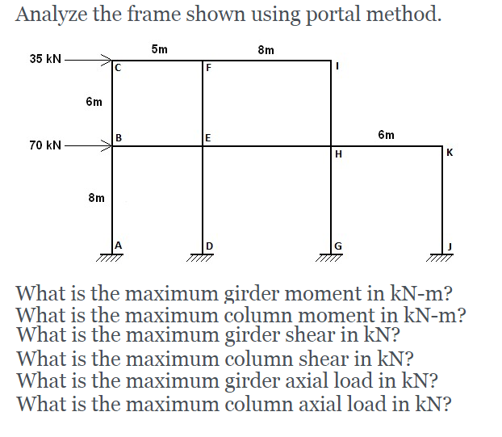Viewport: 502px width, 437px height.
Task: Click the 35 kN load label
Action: pos(44,59)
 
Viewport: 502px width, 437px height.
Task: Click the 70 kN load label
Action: pos(44,146)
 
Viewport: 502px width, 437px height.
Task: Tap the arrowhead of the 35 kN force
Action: pos(107,60)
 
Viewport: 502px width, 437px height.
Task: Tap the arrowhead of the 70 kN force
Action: pos(107,146)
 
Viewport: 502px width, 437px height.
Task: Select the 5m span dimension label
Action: pos(159,48)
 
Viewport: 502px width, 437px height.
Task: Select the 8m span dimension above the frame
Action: pos(266,50)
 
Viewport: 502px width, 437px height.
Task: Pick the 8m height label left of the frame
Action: pos(96,197)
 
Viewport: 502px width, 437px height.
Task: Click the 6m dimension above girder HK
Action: pos(386,135)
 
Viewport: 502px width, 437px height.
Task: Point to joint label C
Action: pos(118,69)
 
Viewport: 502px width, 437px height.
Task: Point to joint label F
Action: pos(208,69)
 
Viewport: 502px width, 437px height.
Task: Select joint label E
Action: pos(207,138)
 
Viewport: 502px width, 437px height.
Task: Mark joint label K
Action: pos(449,153)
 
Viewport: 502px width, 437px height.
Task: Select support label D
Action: pos(208,245)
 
